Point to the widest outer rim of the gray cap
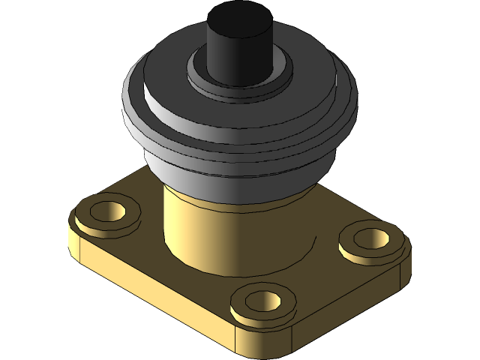[x=139, y=112]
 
